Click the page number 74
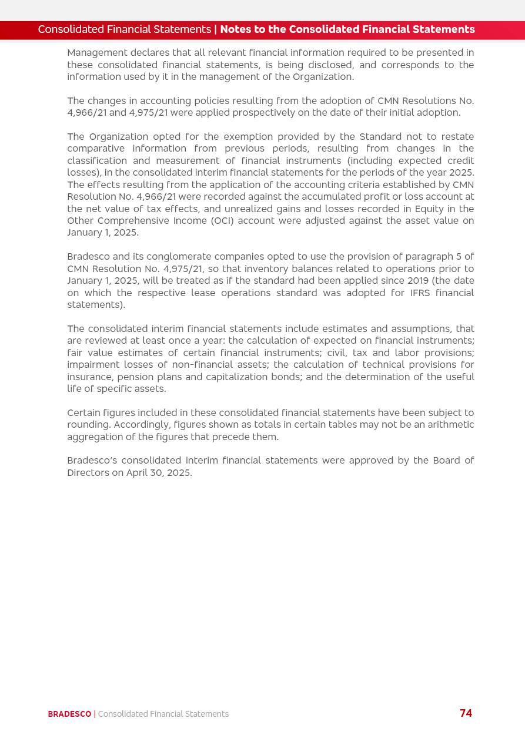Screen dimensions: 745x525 tap(466, 713)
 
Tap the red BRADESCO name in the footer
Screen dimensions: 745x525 tap(69, 714)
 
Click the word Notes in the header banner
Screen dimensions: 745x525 tap(235, 29)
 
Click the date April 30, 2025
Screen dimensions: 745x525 tap(159, 473)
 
